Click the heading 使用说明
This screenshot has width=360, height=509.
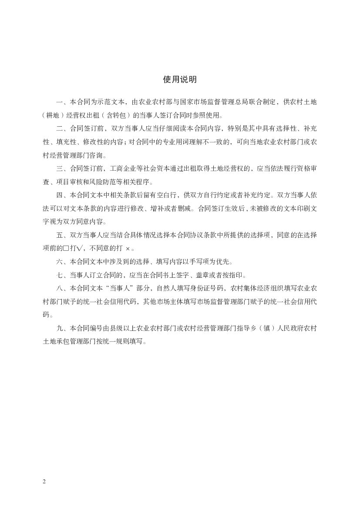click(180, 79)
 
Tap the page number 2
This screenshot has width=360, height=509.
click(44, 482)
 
